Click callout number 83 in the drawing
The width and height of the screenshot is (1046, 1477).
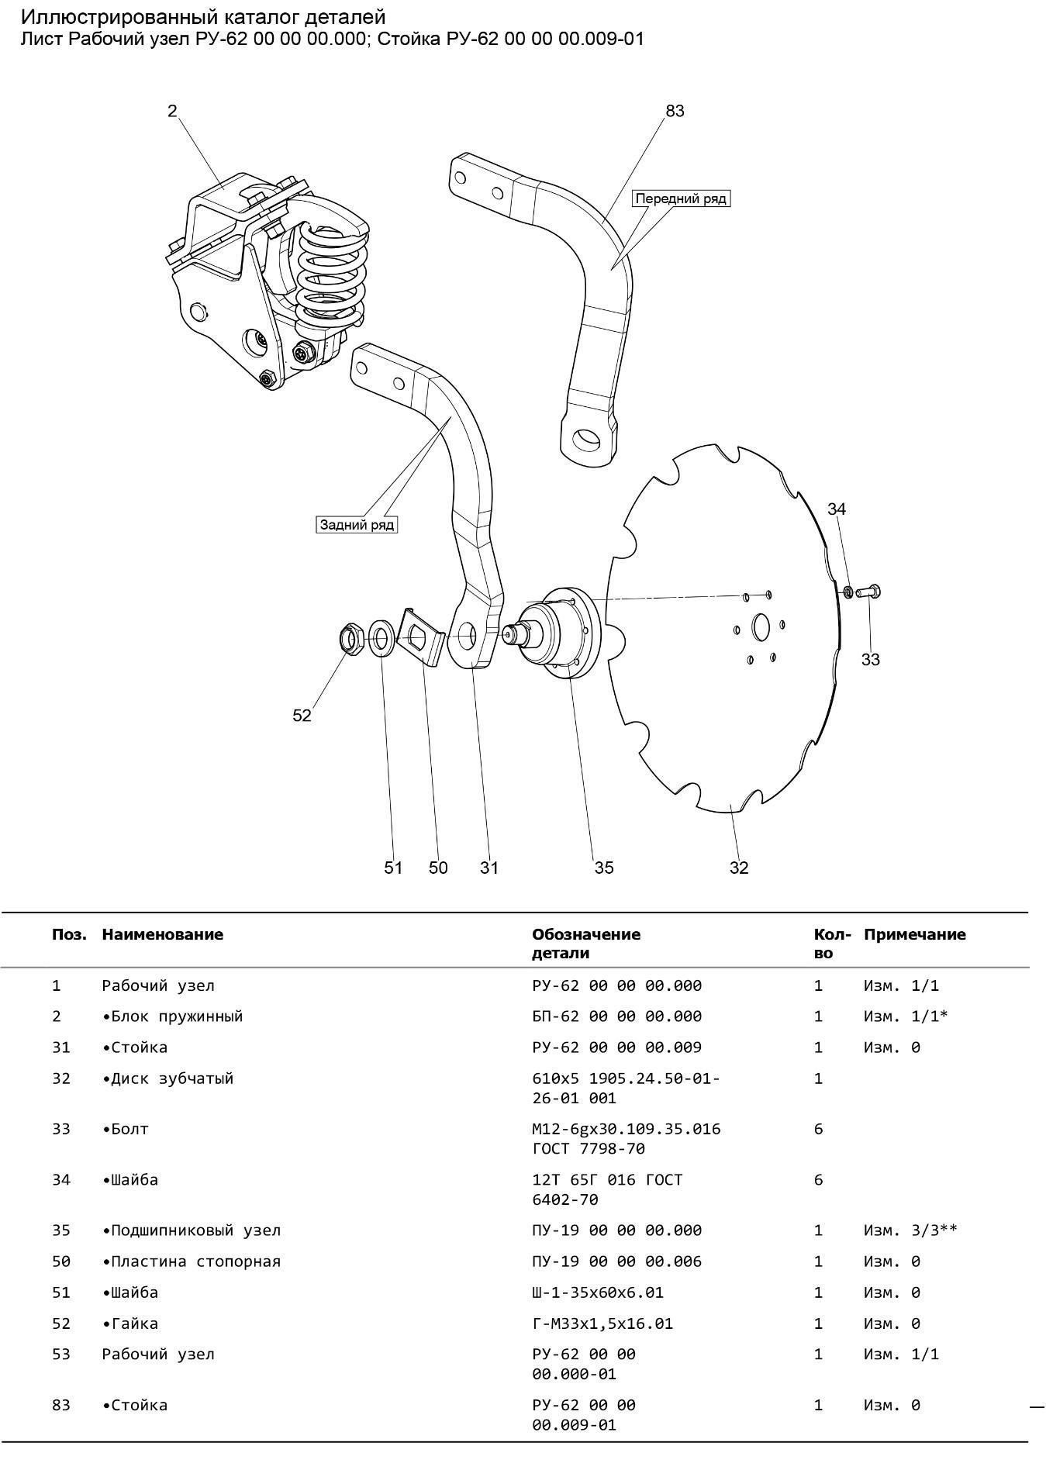(675, 111)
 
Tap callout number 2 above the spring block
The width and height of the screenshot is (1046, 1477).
(172, 111)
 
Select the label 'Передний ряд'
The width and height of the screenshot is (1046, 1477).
(681, 198)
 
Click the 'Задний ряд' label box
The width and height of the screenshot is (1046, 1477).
(357, 525)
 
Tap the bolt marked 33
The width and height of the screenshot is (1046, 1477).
(870, 592)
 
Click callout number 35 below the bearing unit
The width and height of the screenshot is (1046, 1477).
(603, 868)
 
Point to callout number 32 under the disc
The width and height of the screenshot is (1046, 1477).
(738, 868)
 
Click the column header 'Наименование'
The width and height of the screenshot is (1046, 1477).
(162, 934)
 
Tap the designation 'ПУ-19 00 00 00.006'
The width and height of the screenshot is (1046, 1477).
(616, 1261)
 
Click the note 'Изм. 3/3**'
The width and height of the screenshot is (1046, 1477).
(910, 1230)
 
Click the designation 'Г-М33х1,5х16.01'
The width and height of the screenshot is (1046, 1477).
(602, 1323)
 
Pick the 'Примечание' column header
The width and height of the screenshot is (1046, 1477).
(914, 934)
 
